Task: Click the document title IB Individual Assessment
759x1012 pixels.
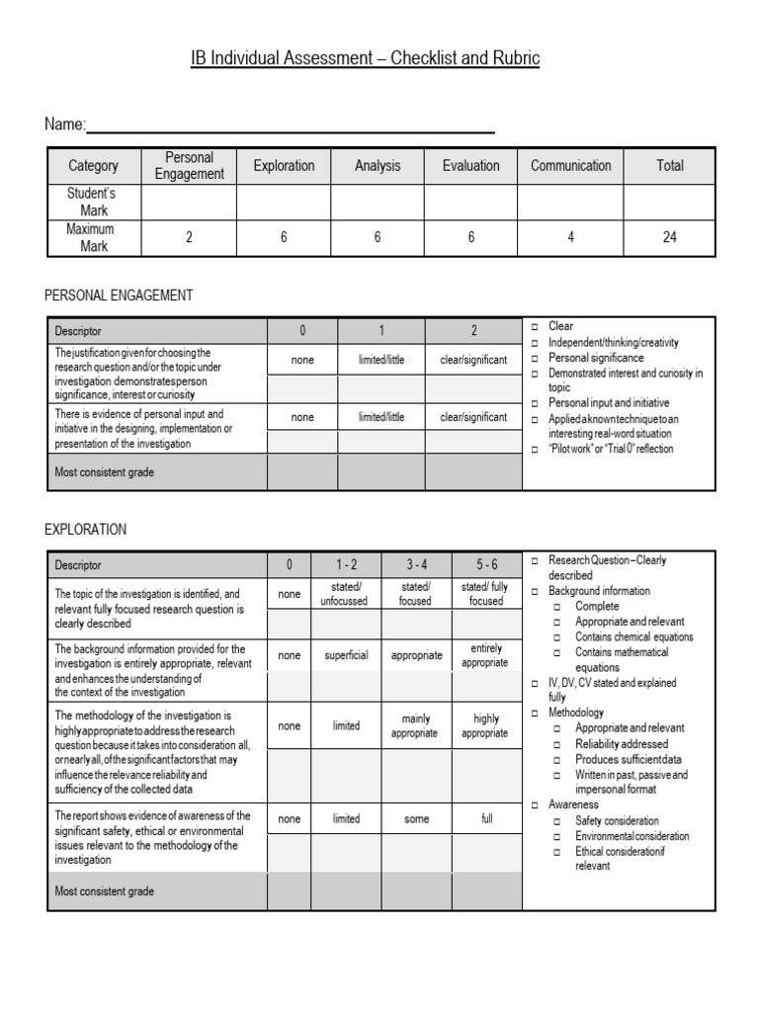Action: (x=365, y=58)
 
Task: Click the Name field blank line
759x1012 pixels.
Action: (x=291, y=126)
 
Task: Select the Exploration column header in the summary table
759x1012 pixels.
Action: (x=284, y=166)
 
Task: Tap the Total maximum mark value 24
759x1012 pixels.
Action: (x=669, y=237)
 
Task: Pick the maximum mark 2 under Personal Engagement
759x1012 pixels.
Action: (x=189, y=237)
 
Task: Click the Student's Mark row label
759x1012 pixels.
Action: (x=94, y=202)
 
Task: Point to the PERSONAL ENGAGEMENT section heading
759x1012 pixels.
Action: (x=119, y=295)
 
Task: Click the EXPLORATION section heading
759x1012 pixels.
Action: (x=86, y=530)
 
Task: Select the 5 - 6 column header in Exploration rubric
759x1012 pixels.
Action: (x=486, y=565)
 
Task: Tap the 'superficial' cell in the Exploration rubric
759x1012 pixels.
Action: (x=346, y=655)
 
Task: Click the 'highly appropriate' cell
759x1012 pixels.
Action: (x=486, y=726)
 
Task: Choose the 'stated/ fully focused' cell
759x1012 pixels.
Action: (x=486, y=594)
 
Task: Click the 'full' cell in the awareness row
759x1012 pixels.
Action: (x=486, y=819)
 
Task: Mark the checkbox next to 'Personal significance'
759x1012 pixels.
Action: (x=534, y=358)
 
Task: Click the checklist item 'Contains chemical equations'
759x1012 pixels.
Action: (x=633, y=637)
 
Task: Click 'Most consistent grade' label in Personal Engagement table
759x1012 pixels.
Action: (x=104, y=472)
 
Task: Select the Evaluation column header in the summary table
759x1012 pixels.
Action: (x=470, y=166)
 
